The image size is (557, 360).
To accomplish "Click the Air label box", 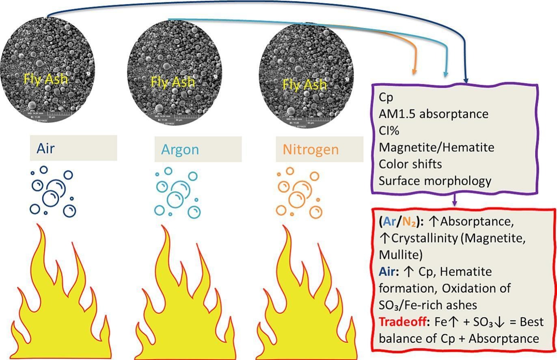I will point(73,148).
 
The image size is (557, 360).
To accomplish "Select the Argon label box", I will point(198,149).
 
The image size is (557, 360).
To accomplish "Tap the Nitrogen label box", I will point(319,149).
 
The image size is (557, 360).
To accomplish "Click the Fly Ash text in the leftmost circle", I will point(45,79).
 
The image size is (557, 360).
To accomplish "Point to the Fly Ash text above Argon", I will point(173,82).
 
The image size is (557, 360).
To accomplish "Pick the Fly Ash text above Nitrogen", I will point(304,85).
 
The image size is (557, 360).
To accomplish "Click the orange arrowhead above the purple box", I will point(414,72).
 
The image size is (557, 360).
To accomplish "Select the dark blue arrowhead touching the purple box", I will point(466,80).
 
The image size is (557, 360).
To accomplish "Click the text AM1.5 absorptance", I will point(433,114).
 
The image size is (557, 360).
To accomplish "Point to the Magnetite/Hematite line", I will point(436,147).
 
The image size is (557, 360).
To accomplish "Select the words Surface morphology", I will point(435,180).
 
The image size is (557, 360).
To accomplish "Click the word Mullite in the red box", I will point(400,255).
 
